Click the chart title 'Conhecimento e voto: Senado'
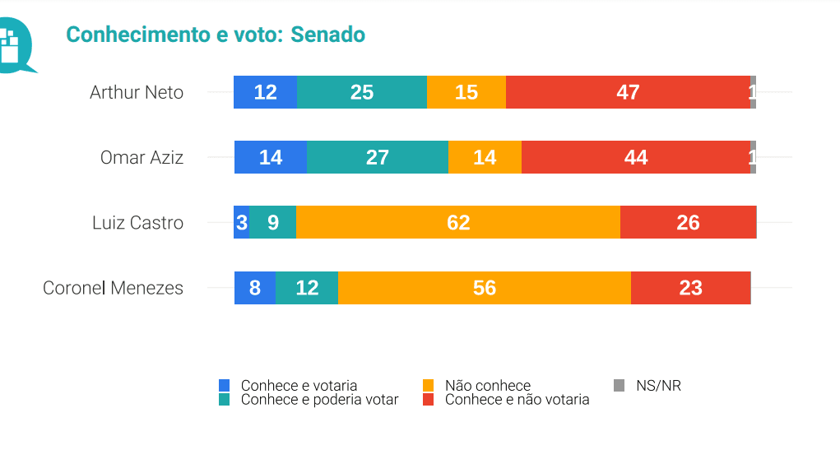[216, 35]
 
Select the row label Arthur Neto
[137, 92]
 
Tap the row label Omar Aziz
[142, 157]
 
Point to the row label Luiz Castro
[137, 223]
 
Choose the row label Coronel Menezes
[113, 288]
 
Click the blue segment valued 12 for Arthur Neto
[265, 92]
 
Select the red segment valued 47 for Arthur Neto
[628, 92]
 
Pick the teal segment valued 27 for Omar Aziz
[377, 157]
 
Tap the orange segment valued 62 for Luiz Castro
[457, 223]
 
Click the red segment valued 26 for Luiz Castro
[688, 223]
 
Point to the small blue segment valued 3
[241, 223]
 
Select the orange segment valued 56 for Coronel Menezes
[484, 288]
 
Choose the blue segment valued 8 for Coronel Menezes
[254, 288]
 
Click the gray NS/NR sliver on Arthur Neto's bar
[753, 92]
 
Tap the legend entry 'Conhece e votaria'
[299, 386]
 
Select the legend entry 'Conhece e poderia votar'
[319, 400]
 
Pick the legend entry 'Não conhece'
[487, 386]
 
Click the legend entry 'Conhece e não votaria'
[517, 400]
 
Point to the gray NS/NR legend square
[620, 385]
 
